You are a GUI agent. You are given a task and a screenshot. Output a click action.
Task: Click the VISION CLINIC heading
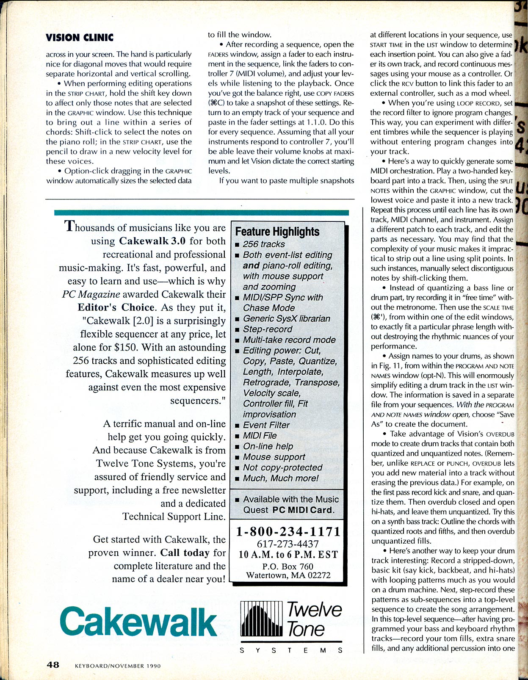[80, 38]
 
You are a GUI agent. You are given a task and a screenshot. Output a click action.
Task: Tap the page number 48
[53, 665]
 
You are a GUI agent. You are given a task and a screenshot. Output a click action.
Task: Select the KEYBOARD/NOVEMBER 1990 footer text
[118, 666]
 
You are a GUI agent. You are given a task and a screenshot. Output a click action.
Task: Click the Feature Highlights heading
[277, 232]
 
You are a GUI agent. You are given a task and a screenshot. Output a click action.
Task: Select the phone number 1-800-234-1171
[288, 531]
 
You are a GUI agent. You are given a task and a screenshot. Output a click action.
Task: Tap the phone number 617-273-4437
[287, 544]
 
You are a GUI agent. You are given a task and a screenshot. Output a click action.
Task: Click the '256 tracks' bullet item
[263, 244]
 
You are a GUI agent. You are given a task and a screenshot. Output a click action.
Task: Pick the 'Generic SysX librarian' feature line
[286, 318]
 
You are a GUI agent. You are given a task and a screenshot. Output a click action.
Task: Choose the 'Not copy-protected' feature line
[282, 467]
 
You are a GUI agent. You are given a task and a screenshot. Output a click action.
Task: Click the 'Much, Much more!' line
[280, 478]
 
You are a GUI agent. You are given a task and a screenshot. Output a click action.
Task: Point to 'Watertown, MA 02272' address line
[288, 575]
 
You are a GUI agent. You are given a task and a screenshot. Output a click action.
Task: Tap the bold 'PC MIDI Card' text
[303, 510]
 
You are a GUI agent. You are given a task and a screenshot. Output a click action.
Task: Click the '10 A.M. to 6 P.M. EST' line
[288, 555]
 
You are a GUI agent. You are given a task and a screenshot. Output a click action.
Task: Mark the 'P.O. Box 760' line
[287, 566]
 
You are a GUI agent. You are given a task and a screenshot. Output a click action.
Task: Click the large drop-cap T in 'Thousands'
[70, 226]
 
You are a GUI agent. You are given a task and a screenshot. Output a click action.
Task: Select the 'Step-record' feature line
[267, 329]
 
